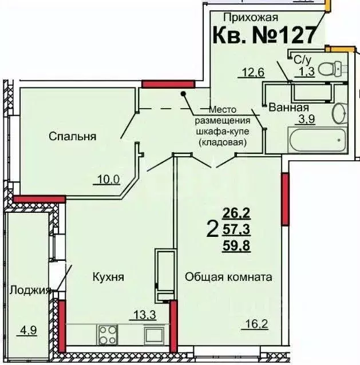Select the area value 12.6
tap(251, 73)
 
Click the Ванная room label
tap(289, 107)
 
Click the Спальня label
tap(72, 136)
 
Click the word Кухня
tap(109, 277)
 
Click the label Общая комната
tap(228, 277)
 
